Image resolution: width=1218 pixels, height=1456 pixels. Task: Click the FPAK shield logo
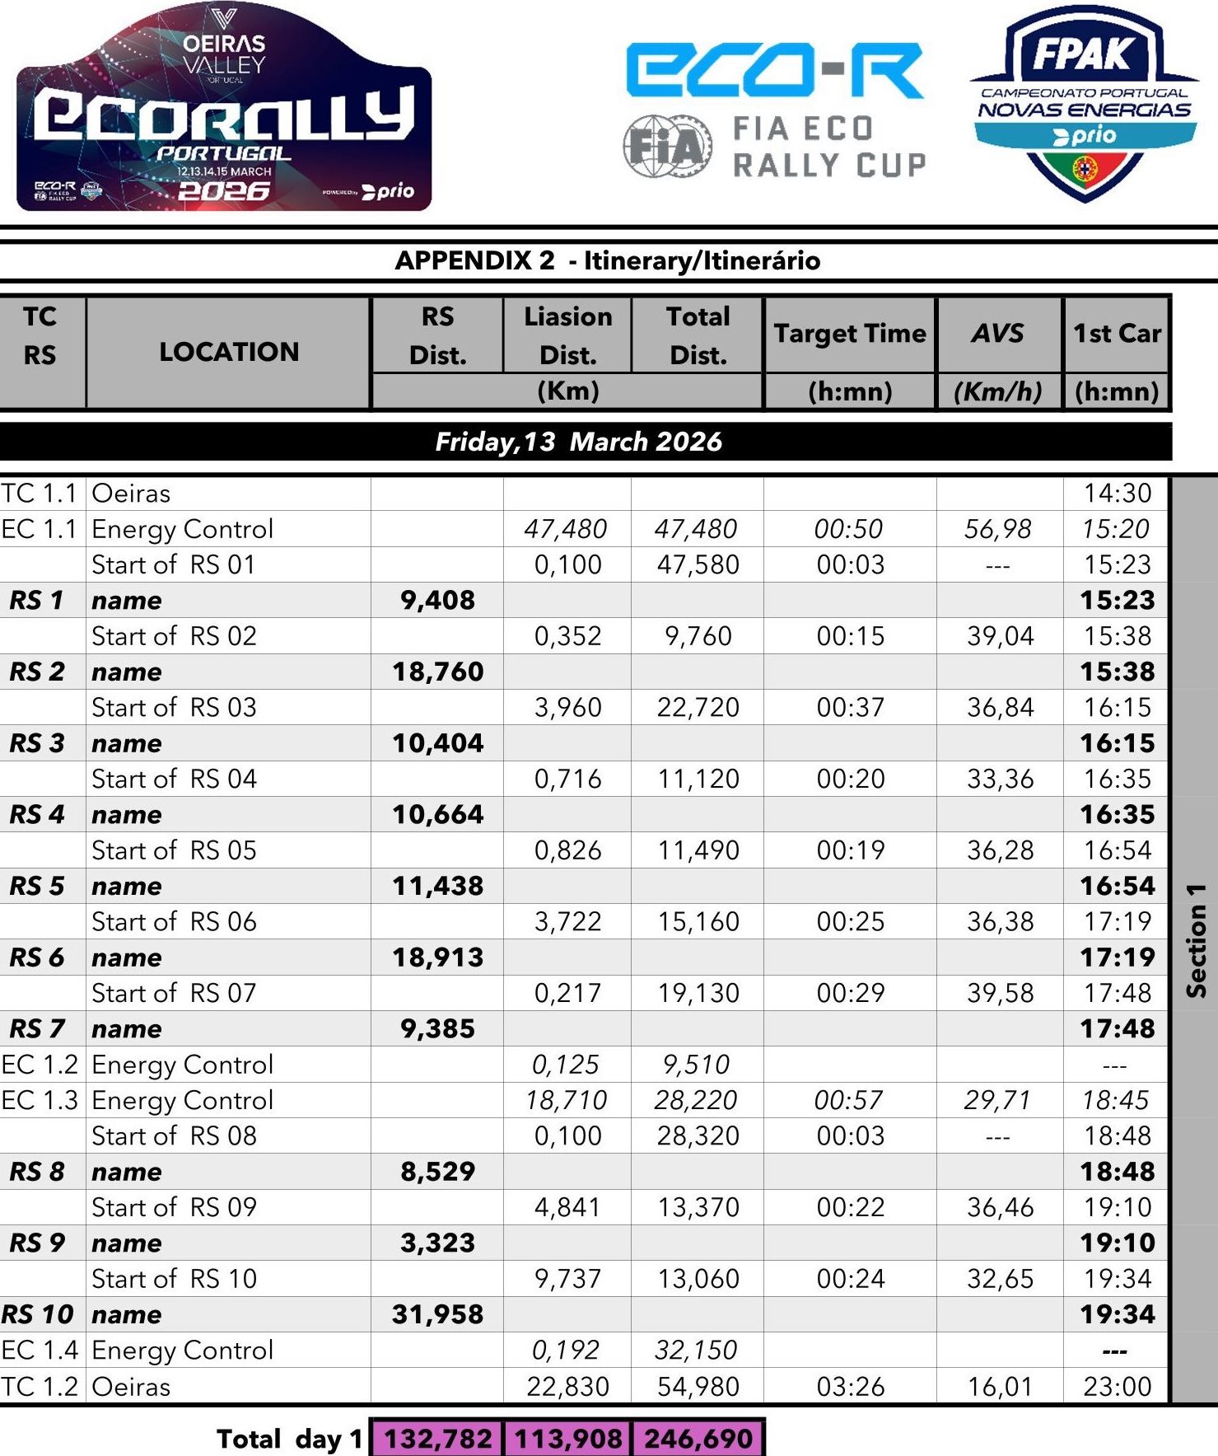point(1084,103)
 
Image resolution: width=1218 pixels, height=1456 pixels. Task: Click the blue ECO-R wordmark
point(773,71)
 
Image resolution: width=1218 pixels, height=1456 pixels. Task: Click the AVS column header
point(998,333)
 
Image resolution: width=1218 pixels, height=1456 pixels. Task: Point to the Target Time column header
point(850,333)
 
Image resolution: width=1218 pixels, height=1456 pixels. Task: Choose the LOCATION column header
point(228,352)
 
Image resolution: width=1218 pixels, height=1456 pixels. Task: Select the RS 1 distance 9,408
point(437,600)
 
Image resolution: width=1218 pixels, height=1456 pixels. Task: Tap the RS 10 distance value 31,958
point(437,1314)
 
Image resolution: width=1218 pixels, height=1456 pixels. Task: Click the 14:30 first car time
point(1117,493)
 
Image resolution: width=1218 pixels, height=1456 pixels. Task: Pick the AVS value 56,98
point(997,529)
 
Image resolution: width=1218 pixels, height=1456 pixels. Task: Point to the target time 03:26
point(850,1386)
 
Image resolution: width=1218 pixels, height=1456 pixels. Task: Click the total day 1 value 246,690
point(698,1438)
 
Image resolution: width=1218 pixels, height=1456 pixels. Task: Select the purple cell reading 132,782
point(437,1438)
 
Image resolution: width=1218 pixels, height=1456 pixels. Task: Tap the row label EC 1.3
point(40,1100)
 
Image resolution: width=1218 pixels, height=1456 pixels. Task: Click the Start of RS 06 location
point(174,921)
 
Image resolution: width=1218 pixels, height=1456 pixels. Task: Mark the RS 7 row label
point(37,1028)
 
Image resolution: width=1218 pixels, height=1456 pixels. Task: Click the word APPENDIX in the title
point(474,260)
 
